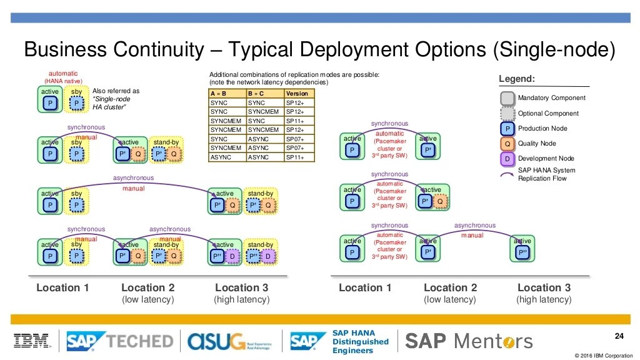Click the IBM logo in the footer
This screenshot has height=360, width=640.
click(x=32, y=341)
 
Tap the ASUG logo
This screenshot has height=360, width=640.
click(x=218, y=341)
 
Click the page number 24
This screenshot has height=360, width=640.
click(x=619, y=337)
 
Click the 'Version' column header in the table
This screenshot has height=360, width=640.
click(x=297, y=93)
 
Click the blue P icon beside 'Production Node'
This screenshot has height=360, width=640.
click(x=507, y=129)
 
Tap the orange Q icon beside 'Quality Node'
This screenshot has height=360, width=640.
click(x=507, y=144)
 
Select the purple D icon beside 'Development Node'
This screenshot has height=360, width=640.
click(x=507, y=159)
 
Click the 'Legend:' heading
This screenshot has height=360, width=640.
click(x=516, y=79)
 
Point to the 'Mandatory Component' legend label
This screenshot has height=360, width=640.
click(x=551, y=98)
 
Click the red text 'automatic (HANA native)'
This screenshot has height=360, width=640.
click(x=63, y=77)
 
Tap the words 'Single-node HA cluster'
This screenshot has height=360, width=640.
click(x=111, y=103)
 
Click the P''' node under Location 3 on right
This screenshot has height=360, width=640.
click(x=522, y=252)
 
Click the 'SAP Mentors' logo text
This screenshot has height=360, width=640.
click(x=469, y=341)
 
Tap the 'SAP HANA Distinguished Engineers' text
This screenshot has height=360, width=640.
click(x=360, y=341)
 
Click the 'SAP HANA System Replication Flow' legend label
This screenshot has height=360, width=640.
click(x=546, y=174)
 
